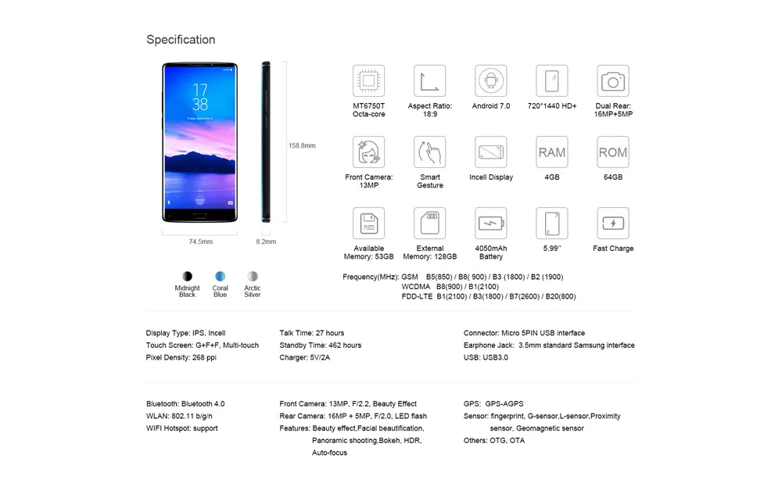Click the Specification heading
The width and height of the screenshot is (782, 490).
181,40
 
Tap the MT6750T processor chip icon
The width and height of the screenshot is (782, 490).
368,81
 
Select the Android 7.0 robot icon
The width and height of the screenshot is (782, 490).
490,81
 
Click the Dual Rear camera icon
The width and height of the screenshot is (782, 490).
613,81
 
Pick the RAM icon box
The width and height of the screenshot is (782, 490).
551,152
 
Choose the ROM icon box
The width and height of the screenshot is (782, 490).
613,152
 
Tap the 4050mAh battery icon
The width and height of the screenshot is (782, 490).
490,224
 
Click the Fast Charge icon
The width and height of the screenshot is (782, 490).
613,224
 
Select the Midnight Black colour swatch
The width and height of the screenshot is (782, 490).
187,276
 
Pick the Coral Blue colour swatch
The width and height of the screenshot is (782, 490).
221,276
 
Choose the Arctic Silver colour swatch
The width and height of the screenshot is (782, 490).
253,276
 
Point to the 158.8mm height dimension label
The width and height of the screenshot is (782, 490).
302,145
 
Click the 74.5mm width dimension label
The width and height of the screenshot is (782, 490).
200,242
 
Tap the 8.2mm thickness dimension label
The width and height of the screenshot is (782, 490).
266,242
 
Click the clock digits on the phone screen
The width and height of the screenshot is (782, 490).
200,96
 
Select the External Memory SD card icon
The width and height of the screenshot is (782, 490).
429,224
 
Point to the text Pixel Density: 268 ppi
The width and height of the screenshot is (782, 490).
181,357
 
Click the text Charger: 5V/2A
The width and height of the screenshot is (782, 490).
305,357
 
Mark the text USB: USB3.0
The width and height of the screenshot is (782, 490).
486,357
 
